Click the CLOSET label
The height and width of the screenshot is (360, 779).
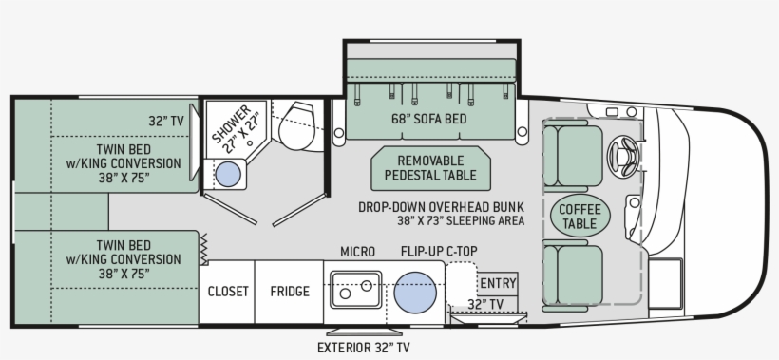[228, 292]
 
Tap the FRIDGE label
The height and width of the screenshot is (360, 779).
[289, 292]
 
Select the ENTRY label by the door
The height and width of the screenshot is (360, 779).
[498, 283]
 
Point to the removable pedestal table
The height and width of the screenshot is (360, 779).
[430, 168]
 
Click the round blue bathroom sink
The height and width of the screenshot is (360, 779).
[228, 174]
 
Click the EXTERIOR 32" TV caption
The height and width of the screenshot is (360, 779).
[365, 347]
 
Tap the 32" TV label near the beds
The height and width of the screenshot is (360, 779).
[164, 121]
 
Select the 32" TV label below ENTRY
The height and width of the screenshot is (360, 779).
[485, 304]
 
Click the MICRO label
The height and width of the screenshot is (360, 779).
[357, 251]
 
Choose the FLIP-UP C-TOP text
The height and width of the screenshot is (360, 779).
[438, 251]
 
